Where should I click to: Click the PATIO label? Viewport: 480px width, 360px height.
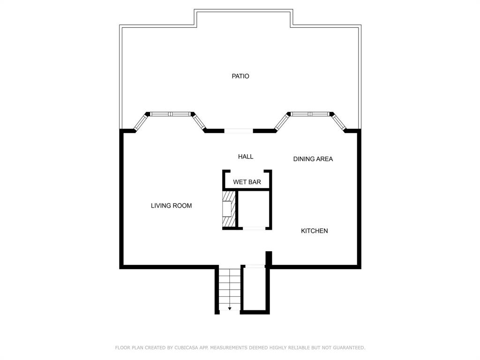(240, 76)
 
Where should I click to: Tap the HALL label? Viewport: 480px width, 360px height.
(246, 157)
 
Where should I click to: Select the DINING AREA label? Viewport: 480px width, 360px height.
(313, 159)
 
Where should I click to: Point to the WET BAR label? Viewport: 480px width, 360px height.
(247, 182)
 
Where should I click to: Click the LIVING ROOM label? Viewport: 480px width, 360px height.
(171, 205)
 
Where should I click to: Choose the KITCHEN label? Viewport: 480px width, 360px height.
(314, 231)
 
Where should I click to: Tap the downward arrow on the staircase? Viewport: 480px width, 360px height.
(230, 308)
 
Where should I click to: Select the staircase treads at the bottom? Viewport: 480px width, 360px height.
(230, 288)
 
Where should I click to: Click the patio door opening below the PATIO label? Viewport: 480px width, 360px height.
(239, 131)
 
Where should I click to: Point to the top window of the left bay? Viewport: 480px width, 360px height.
(170, 114)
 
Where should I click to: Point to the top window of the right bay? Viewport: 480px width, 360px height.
(309, 114)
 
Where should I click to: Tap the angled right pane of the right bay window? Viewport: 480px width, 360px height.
(339, 122)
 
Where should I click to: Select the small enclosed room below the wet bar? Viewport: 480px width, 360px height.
(253, 209)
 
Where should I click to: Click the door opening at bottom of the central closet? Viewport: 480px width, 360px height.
(254, 228)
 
